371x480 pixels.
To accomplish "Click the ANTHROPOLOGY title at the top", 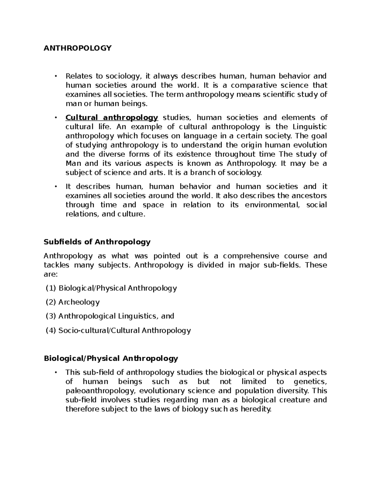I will pyautogui.click(x=77, y=48).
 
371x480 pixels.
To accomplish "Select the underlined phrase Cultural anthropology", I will pyautogui.click(x=112, y=118).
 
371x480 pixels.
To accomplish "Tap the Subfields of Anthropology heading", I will pyautogui.click(x=97, y=242).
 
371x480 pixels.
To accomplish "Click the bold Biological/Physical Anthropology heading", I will pyautogui.click(x=111, y=359).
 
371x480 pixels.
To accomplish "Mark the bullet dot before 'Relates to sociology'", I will pyautogui.click(x=56, y=76).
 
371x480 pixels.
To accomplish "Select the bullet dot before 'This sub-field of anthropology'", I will pyautogui.click(x=56, y=373).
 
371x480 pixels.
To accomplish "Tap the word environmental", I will pyautogui.click(x=272, y=205).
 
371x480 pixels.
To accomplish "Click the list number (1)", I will pyautogui.click(x=51, y=288).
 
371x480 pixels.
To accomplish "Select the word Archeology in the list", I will pyautogui.click(x=79, y=302).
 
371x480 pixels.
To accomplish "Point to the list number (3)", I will pyautogui.click(x=51, y=316).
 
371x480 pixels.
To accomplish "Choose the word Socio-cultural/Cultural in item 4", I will pyautogui.click(x=99, y=330).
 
